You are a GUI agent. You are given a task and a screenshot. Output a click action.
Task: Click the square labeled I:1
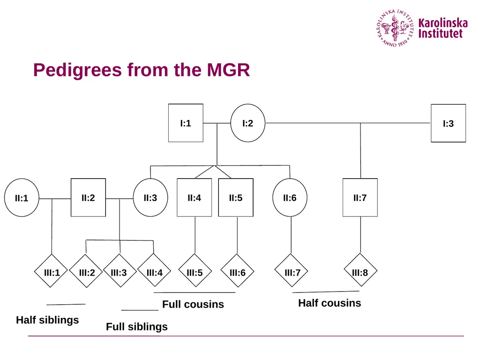click(186, 123)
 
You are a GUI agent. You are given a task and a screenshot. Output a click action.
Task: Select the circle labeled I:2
click(247, 123)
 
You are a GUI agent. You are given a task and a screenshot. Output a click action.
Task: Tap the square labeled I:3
click(448, 123)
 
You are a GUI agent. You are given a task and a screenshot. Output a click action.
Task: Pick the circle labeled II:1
click(22, 198)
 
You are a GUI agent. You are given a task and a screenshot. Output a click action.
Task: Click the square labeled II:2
click(88, 197)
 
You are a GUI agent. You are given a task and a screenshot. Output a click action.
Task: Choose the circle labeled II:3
click(150, 197)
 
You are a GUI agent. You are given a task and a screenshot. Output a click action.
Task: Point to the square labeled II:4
click(194, 197)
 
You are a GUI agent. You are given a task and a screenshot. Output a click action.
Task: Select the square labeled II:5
click(236, 197)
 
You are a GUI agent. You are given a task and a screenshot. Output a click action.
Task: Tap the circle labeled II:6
click(290, 197)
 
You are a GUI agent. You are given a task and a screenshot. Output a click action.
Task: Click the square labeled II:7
click(360, 197)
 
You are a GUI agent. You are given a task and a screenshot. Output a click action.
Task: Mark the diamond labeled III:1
click(51, 271)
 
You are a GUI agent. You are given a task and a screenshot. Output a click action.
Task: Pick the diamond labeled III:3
click(120, 270)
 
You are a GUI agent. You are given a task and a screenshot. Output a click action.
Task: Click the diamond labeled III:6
click(237, 270)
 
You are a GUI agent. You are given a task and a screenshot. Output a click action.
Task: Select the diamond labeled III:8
click(360, 270)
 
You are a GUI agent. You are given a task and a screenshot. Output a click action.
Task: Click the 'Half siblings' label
click(47, 320)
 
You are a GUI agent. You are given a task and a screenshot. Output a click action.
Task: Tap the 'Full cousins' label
click(193, 304)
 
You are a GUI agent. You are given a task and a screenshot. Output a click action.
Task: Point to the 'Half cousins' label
click(330, 303)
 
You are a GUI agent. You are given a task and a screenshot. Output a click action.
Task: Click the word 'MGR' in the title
click(228, 70)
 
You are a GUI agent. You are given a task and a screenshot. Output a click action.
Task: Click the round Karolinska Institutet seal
click(395, 28)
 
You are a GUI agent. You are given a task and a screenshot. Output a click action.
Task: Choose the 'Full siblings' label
click(136, 327)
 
